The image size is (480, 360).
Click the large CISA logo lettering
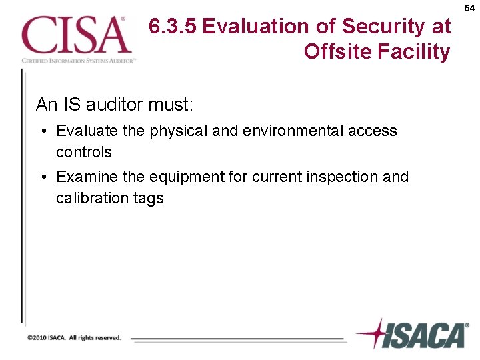(75, 35)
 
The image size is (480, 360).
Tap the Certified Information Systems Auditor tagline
(79, 60)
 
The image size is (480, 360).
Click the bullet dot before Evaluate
(42, 131)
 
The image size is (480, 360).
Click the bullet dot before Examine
(42, 177)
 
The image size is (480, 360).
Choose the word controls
(84, 152)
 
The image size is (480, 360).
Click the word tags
(147, 199)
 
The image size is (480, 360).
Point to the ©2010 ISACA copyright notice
(74, 338)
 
